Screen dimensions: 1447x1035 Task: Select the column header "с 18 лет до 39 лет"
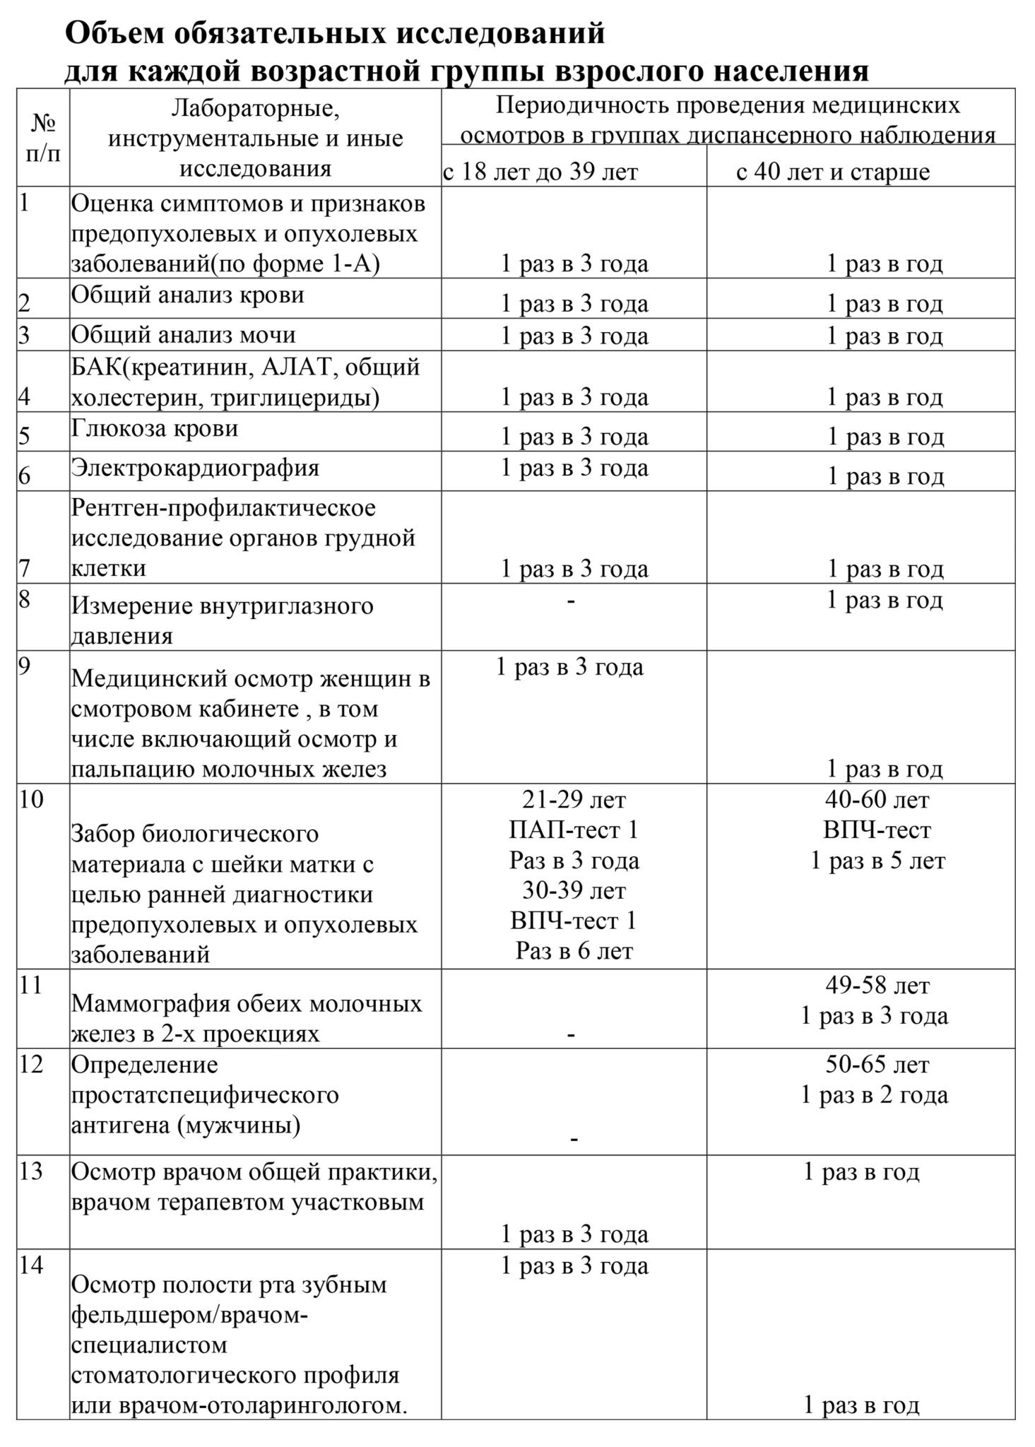click(x=540, y=172)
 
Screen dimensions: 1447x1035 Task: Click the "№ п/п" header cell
click(x=43, y=138)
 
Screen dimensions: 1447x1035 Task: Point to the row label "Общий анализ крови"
click(x=187, y=294)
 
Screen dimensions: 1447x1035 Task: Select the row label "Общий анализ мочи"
click(x=183, y=334)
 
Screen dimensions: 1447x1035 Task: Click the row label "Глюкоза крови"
click(x=155, y=428)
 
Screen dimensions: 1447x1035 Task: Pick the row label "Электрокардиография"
click(x=195, y=468)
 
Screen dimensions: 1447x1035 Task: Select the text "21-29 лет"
click(x=574, y=800)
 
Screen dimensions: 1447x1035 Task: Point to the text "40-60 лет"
click(x=877, y=800)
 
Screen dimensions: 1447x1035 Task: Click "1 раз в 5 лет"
click(x=877, y=861)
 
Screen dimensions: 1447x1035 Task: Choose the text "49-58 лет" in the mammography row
click(x=877, y=985)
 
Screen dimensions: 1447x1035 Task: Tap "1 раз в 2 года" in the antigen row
click(x=874, y=1095)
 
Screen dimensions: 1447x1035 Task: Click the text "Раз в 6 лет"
click(x=574, y=951)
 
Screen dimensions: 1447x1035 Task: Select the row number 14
click(x=31, y=1265)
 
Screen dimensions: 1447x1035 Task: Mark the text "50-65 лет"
click(x=877, y=1064)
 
